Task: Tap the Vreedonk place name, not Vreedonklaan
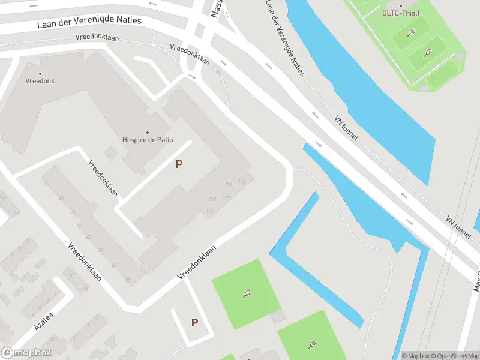pos(39,81)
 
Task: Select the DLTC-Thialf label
pos(401,13)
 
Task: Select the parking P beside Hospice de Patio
pos(179,164)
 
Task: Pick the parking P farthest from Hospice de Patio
pos(194,323)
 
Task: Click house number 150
pos(211,199)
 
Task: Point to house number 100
pos(209,211)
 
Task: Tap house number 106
pos(226,196)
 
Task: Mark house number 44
pos(115,266)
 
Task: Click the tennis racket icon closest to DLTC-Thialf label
pos(412,32)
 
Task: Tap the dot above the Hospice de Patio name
pos(147,132)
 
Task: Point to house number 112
pos(242,181)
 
